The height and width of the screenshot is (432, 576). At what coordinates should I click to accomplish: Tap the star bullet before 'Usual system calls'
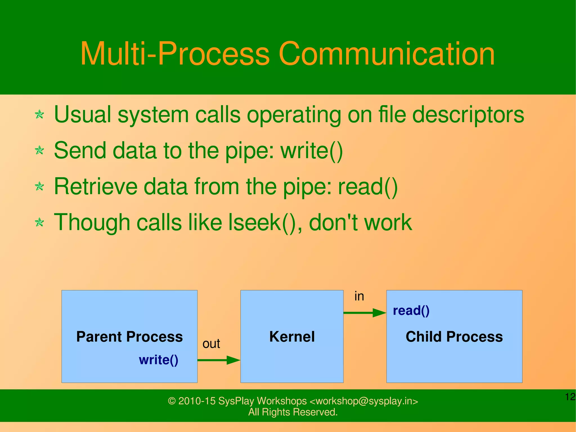coord(39,115)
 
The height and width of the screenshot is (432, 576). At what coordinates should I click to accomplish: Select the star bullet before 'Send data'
coord(39,150)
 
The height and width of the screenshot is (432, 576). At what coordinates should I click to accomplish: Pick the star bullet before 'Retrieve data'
coord(39,186)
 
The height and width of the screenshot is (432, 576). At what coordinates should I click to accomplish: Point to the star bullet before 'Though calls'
coord(39,222)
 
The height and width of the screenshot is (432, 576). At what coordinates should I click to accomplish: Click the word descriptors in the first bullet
coord(468,115)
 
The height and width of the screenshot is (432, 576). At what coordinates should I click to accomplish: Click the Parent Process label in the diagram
coord(129,337)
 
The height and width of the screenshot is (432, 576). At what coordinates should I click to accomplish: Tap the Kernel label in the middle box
coord(292,337)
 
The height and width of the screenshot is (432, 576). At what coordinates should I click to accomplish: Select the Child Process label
coord(454,337)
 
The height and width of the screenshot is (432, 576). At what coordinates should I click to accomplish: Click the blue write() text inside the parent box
coord(159,360)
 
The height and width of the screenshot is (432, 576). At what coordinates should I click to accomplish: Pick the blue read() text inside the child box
coord(411,311)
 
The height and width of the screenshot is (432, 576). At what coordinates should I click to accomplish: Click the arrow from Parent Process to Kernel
coord(219,360)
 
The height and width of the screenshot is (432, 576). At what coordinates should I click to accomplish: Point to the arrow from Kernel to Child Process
coord(365,313)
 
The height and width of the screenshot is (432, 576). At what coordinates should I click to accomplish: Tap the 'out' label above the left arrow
coord(211,344)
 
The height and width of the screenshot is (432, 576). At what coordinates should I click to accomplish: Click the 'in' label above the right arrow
coord(359,296)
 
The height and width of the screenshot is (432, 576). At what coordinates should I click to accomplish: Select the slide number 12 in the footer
coord(570,397)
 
